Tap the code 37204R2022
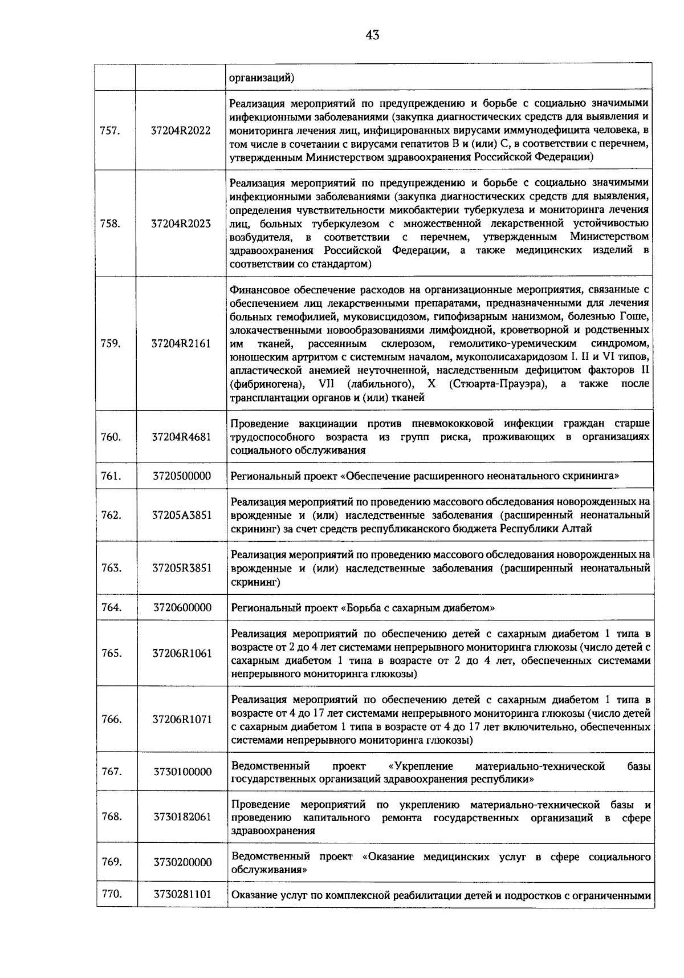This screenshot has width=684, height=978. pyautogui.click(x=181, y=131)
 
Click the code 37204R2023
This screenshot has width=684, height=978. pyautogui.click(x=181, y=224)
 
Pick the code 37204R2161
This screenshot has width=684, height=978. pyautogui.click(x=181, y=343)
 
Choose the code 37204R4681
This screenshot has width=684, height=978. pyautogui.click(x=181, y=437)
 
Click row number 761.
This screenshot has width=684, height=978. pyautogui.click(x=111, y=476)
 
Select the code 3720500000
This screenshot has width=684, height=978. pyautogui.click(x=182, y=476)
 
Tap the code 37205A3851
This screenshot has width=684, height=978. pyautogui.click(x=182, y=515)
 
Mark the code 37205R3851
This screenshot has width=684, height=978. pyautogui.click(x=182, y=568)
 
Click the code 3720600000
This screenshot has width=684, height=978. pyautogui.click(x=182, y=607)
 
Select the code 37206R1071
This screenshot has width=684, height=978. pyautogui.click(x=182, y=720)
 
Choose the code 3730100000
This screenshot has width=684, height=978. pyautogui.click(x=182, y=772)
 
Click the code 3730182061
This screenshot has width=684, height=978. pyautogui.click(x=182, y=817)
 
